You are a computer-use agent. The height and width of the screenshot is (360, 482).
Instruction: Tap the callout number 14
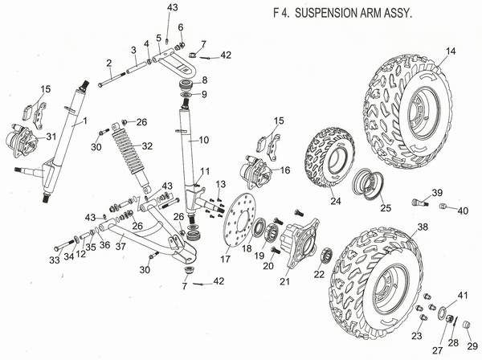pos(451,51)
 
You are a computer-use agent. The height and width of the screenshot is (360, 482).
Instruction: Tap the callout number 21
pos(284,281)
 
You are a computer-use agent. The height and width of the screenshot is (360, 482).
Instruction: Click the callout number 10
pos(204,140)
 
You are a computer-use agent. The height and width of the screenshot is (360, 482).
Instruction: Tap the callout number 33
pos(54,260)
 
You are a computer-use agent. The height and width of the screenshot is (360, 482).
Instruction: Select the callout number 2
pos(108,63)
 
